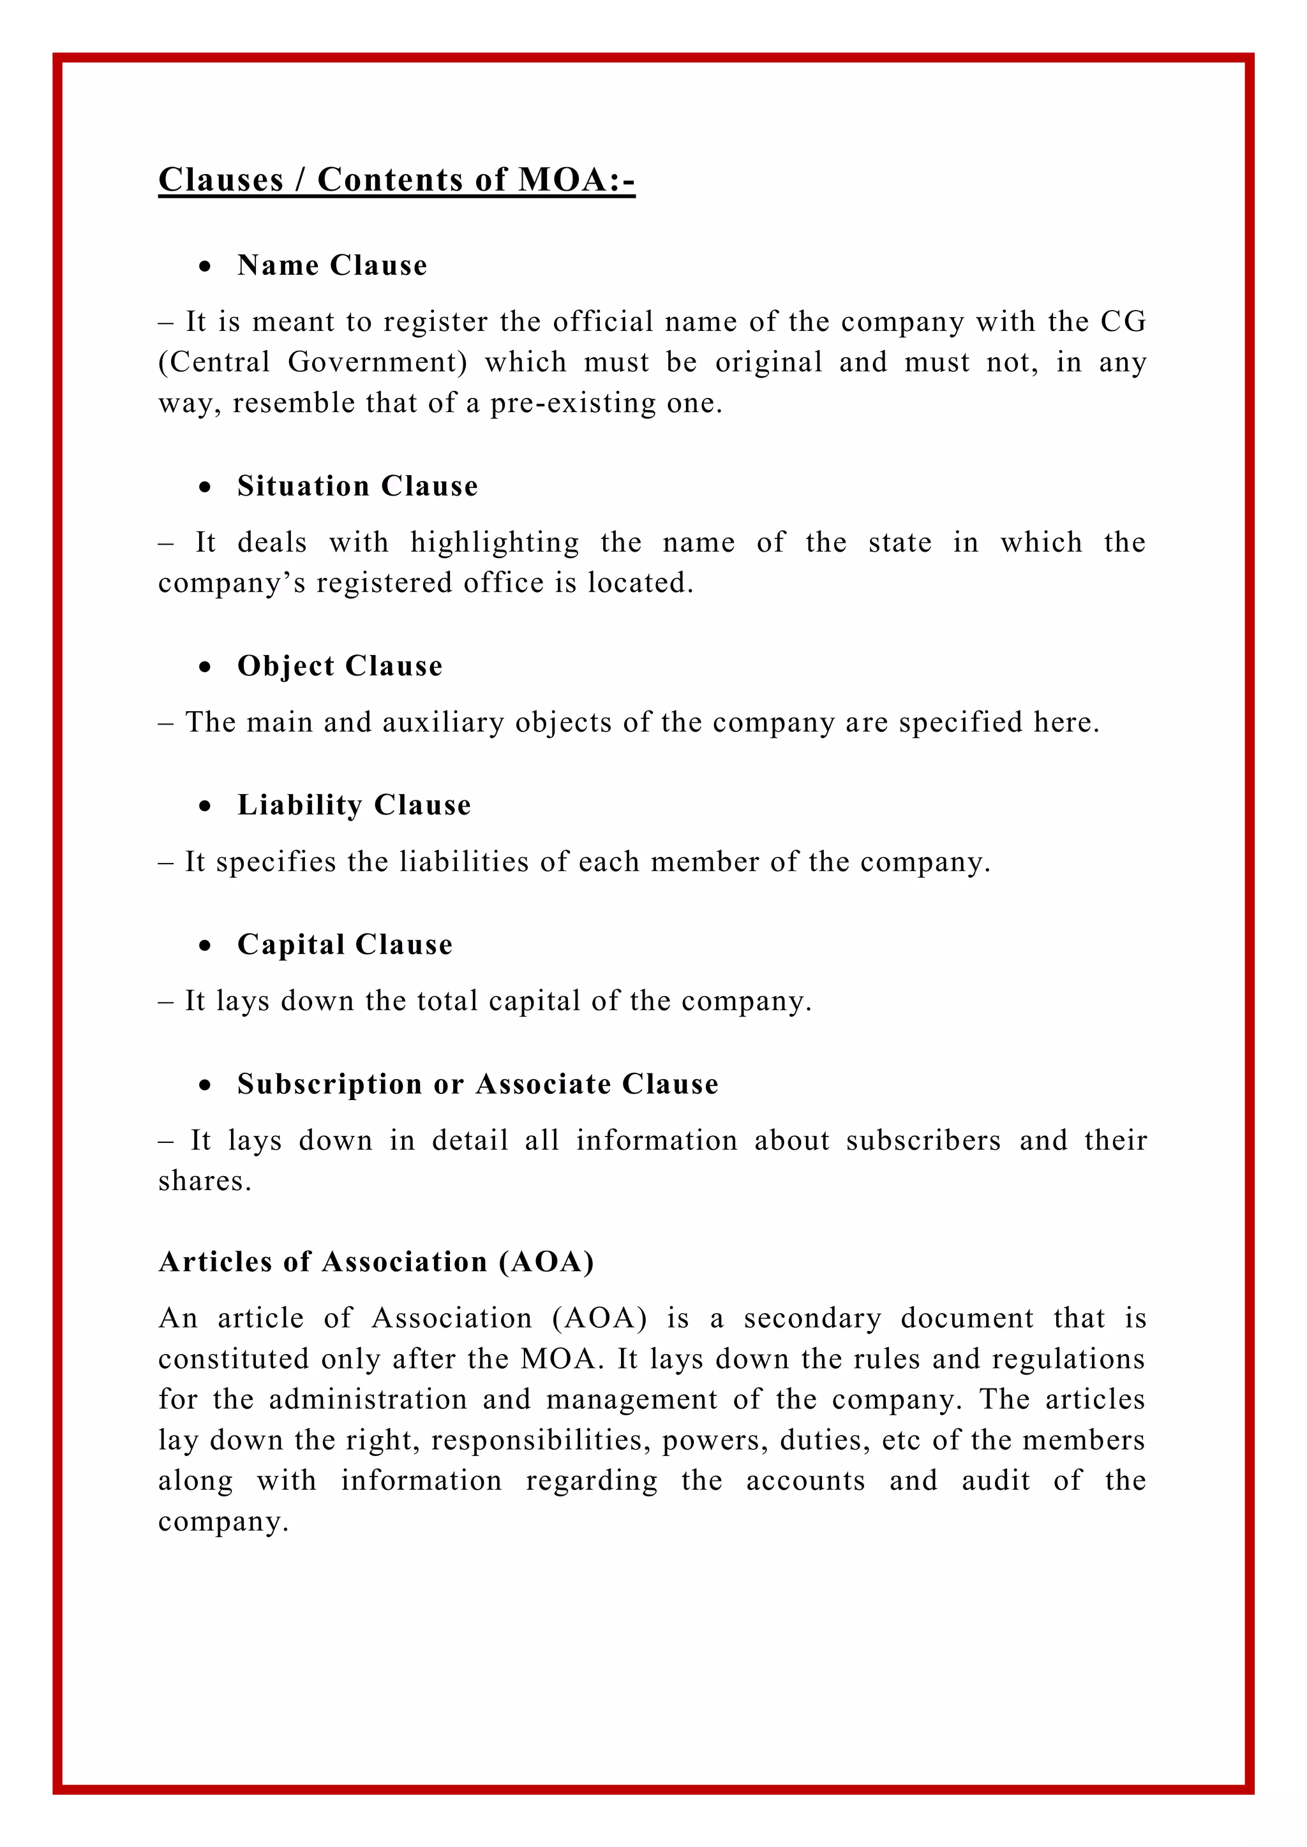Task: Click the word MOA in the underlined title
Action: [562, 179]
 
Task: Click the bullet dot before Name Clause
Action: [206, 266]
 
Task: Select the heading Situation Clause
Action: [357, 486]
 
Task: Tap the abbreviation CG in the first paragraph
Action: [1123, 322]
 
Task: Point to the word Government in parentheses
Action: [377, 363]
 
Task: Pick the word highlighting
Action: [494, 543]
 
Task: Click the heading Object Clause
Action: [340, 666]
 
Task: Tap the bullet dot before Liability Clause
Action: [206, 806]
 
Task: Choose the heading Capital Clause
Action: [345, 945]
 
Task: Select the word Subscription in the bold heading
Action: [330, 1084]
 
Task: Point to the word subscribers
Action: [923, 1141]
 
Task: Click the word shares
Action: [202, 1181]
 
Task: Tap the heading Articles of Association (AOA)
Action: [376, 1262]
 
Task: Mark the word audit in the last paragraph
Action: [996, 1480]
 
